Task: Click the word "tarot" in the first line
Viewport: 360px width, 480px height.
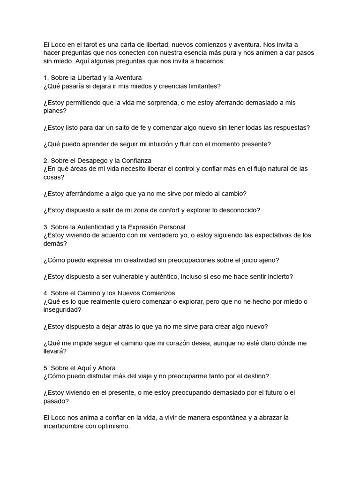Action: point(80,45)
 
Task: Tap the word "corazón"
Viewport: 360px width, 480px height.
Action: point(193,343)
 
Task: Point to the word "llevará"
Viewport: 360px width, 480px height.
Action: point(54,351)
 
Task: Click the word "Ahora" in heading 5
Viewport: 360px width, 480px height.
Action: point(106,368)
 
